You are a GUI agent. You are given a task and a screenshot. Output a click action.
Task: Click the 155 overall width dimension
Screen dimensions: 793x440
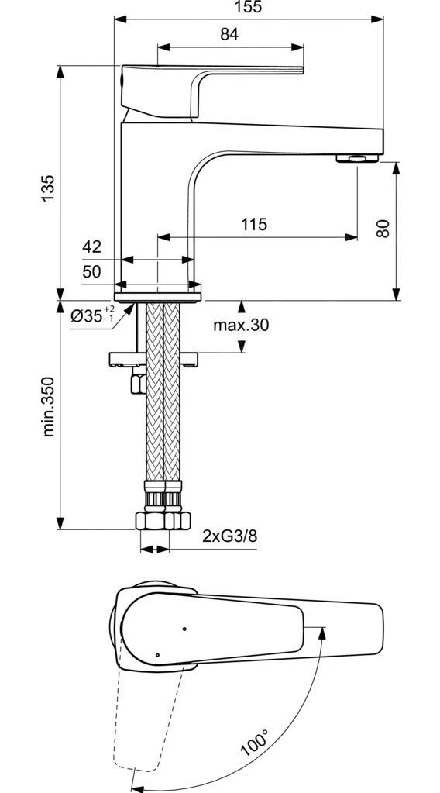coord(249,8)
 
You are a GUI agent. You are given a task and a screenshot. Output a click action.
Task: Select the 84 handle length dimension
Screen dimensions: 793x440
coord(229,34)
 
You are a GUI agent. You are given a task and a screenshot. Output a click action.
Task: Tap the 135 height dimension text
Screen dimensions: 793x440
coord(48,188)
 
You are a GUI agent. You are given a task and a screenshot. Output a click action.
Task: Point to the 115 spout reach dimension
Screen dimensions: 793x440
coord(253,225)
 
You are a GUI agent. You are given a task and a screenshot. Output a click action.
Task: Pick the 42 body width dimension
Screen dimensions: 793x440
coord(91,247)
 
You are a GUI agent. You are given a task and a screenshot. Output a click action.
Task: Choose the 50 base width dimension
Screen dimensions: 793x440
coord(91,271)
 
